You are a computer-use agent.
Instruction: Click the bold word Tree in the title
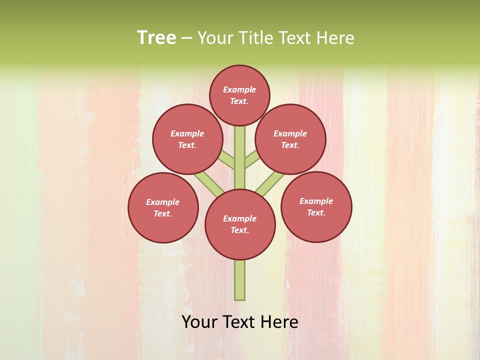point(156,37)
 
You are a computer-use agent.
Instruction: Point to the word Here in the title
point(336,38)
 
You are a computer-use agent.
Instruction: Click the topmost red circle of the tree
point(239,95)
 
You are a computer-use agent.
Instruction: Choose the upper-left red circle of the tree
point(187,139)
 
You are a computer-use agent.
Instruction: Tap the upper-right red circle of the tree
point(290,139)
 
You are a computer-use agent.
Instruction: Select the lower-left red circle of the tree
point(163,207)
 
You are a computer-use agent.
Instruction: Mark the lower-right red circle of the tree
point(316,206)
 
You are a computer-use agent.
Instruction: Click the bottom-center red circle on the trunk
point(240,224)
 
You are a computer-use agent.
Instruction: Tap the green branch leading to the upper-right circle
point(251,159)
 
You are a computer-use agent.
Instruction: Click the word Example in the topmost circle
point(239,89)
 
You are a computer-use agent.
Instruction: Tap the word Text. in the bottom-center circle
point(239,230)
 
